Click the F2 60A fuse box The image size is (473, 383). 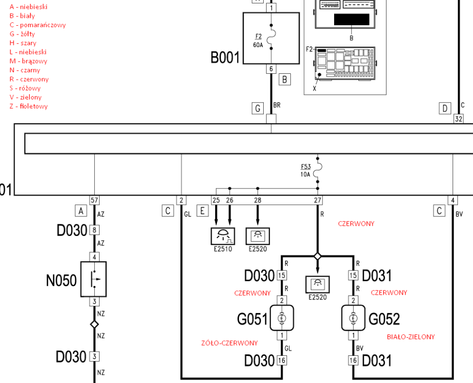tap(270, 38)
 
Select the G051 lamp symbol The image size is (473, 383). tap(282, 319)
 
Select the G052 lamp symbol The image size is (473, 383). tap(353, 319)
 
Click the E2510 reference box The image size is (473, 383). tap(222, 236)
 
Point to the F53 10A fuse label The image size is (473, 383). tap(305, 170)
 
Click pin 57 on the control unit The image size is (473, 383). tap(94, 200)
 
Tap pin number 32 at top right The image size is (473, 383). tap(458, 118)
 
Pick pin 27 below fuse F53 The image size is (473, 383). tap(318, 200)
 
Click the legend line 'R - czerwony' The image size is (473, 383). tap(29, 79)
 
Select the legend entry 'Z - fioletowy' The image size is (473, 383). tap(29, 106)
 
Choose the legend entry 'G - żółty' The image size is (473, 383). tap(22, 34)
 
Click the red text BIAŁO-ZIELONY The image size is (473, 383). tap(410, 337)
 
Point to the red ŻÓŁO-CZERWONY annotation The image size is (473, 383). tap(229, 343)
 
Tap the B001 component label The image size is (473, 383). tap(225, 58)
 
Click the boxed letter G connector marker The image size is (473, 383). tap(257, 108)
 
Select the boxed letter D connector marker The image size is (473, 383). tap(444, 108)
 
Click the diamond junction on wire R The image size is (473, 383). tap(318, 256)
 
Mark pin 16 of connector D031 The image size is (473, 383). tap(353, 360)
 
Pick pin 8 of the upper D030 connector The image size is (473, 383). tap(94, 230)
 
